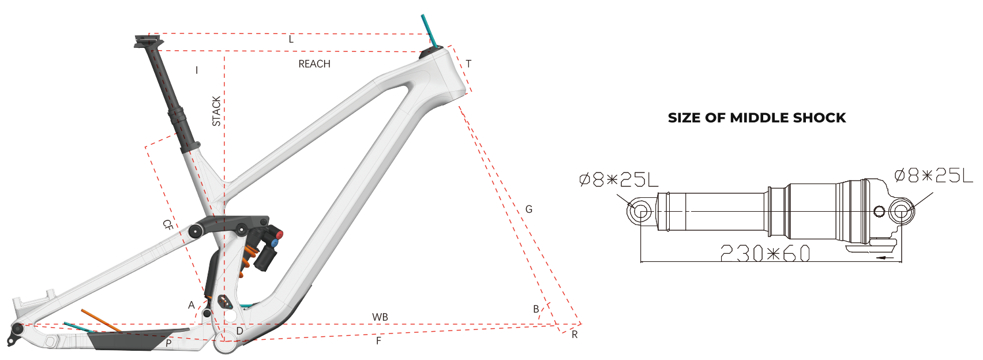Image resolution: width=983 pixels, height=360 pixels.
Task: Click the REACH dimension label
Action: (x=314, y=64)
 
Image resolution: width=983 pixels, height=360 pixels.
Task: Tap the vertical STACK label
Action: (x=216, y=111)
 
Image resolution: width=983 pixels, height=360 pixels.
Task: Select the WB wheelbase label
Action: (x=380, y=317)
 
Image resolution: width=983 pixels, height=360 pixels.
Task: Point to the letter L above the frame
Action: (x=291, y=39)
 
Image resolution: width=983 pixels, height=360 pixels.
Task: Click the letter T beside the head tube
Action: (x=468, y=64)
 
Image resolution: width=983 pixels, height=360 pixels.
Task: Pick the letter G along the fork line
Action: (x=529, y=209)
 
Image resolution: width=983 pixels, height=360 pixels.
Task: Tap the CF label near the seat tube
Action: (x=168, y=225)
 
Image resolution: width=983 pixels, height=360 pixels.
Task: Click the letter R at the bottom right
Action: (x=575, y=335)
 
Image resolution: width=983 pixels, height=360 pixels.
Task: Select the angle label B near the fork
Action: (x=536, y=309)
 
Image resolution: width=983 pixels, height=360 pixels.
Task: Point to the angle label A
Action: (x=192, y=305)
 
